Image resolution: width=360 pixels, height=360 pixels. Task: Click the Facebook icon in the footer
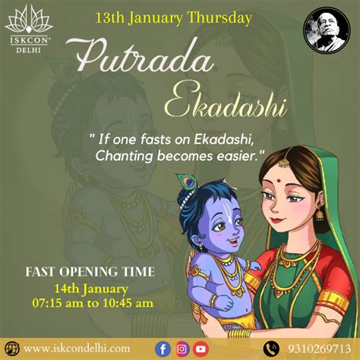pos(163,349)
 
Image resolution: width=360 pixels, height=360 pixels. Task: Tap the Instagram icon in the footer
pos(182,349)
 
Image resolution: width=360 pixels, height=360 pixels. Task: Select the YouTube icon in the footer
pos(201,349)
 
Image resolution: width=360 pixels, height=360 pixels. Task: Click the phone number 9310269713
pos(320,349)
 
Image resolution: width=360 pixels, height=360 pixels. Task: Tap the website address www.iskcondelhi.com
pos(77,349)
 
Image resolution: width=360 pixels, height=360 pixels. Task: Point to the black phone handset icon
pos(271,349)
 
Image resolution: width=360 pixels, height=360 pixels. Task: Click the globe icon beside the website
pos(12,349)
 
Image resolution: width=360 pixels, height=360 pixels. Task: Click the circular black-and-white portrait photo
pos(327,30)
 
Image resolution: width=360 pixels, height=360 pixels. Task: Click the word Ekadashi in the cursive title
pos(226,104)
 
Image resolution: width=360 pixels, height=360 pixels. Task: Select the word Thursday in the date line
pos(219,18)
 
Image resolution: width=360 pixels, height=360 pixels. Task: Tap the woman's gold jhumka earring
pos(319,215)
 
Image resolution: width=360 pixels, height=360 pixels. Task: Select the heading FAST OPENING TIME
pos(90,272)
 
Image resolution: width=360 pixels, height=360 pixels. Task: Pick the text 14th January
pos(91,289)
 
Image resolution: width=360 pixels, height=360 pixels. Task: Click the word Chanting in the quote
pos(124,156)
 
